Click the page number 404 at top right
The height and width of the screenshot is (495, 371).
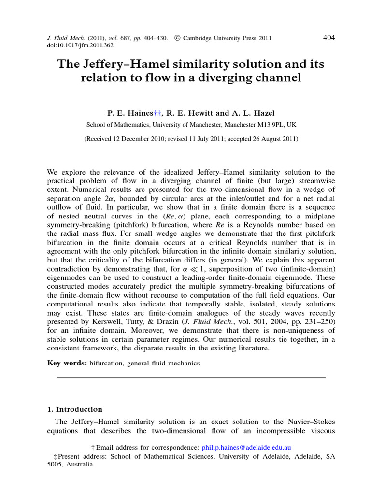pos(328,38)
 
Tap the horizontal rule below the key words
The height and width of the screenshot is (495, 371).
pos(191,376)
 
